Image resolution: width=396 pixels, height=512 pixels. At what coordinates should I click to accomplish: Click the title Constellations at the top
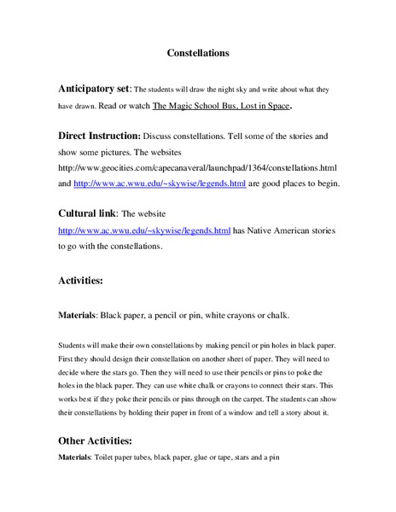pos(198,53)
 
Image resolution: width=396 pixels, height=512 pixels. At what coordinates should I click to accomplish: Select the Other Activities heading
pos(95,441)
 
